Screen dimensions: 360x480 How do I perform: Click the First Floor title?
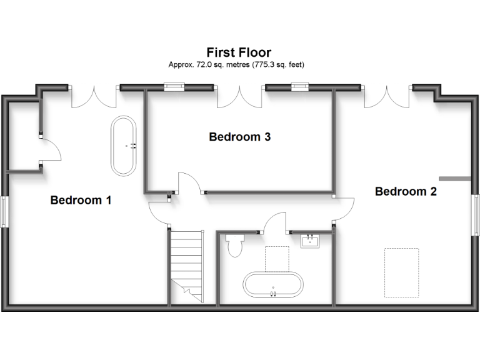coord(239,52)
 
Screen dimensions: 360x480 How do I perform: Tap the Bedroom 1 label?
coord(81,200)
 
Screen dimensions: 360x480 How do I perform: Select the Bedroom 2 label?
coord(406,191)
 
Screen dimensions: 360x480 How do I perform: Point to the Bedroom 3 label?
coord(239,136)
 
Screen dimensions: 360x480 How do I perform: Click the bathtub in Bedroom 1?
coord(126,146)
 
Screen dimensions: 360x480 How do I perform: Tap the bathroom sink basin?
coord(311,241)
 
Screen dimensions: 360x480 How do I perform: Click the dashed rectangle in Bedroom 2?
coord(401,272)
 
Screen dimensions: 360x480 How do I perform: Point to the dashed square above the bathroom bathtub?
coord(276,259)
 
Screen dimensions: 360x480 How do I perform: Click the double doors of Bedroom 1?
coord(93,97)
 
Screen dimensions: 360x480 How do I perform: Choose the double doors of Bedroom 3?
coord(240,97)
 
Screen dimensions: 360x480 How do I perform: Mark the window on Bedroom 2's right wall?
coord(476,216)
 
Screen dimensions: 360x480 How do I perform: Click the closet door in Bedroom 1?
coord(50,150)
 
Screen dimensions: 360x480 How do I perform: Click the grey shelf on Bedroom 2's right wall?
coord(454,178)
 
